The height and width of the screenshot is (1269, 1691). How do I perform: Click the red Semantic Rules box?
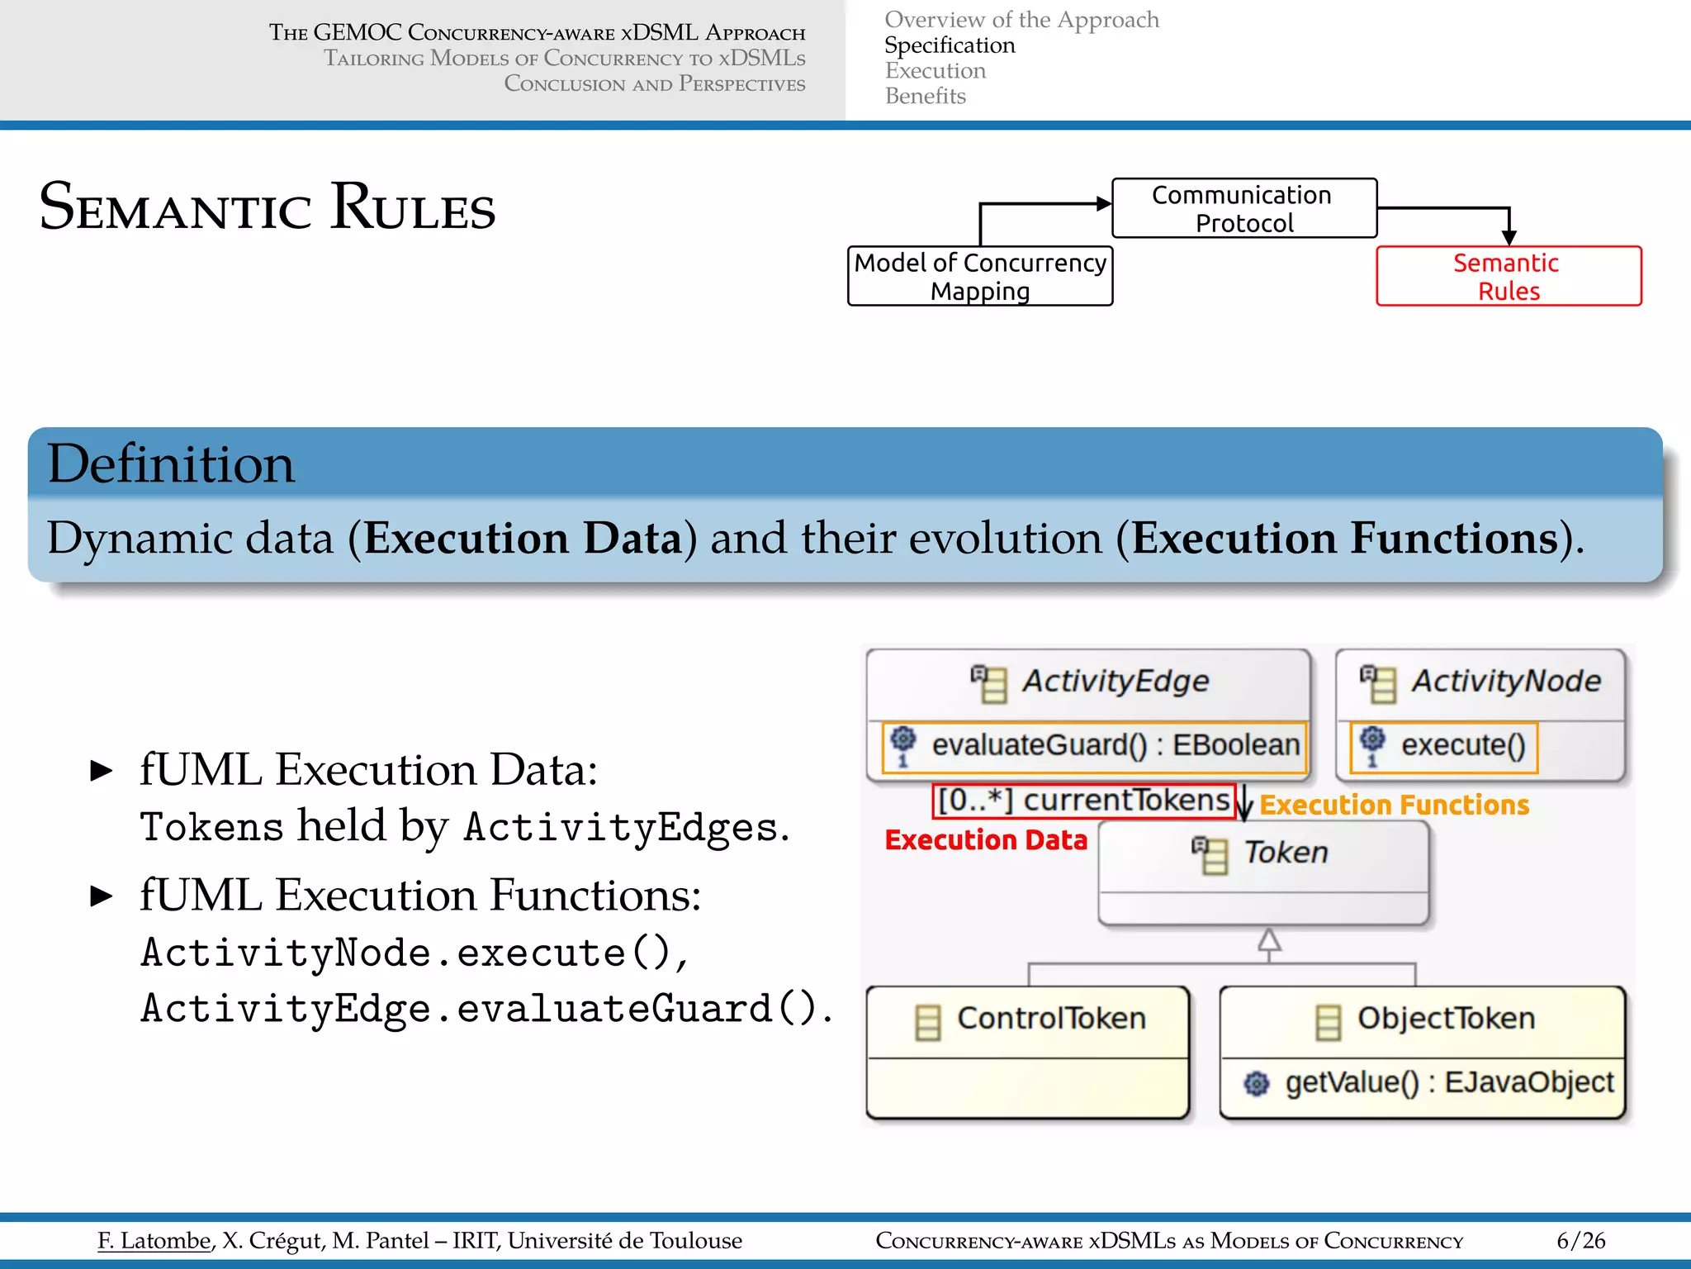click(1508, 277)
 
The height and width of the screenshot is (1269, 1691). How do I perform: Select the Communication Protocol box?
click(1243, 209)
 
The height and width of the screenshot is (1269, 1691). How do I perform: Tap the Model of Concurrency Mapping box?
click(980, 277)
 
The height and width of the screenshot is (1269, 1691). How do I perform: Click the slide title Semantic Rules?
click(267, 207)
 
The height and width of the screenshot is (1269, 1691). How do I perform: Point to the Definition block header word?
click(171, 464)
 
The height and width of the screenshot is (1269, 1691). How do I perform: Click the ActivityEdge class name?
click(1115, 682)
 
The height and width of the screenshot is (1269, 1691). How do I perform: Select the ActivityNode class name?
click(1505, 682)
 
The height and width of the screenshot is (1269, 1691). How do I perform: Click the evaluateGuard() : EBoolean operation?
click(1115, 745)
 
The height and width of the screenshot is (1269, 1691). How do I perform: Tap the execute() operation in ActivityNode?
click(1462, 745)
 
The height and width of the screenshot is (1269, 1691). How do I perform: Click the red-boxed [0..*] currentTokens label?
click(1084, 801)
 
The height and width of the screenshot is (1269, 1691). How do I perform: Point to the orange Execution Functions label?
click(1394, 806)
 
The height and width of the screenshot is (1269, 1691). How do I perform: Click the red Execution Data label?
click(986, 840)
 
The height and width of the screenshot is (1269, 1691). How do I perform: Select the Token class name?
click(1286, 853)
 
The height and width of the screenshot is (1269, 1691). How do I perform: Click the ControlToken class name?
click(1051, 1019)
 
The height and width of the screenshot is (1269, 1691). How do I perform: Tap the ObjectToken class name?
click(1446, 1019)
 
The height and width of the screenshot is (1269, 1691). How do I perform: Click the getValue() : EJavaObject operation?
click(1448, 1082)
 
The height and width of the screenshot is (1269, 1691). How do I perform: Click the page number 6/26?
click(1580, 1241)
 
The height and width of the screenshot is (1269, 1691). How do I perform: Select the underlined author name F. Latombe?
click(154, 1241)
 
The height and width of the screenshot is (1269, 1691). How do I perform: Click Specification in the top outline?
click(950, 45)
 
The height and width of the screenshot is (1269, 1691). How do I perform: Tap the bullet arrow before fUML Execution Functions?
click(102, 896)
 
